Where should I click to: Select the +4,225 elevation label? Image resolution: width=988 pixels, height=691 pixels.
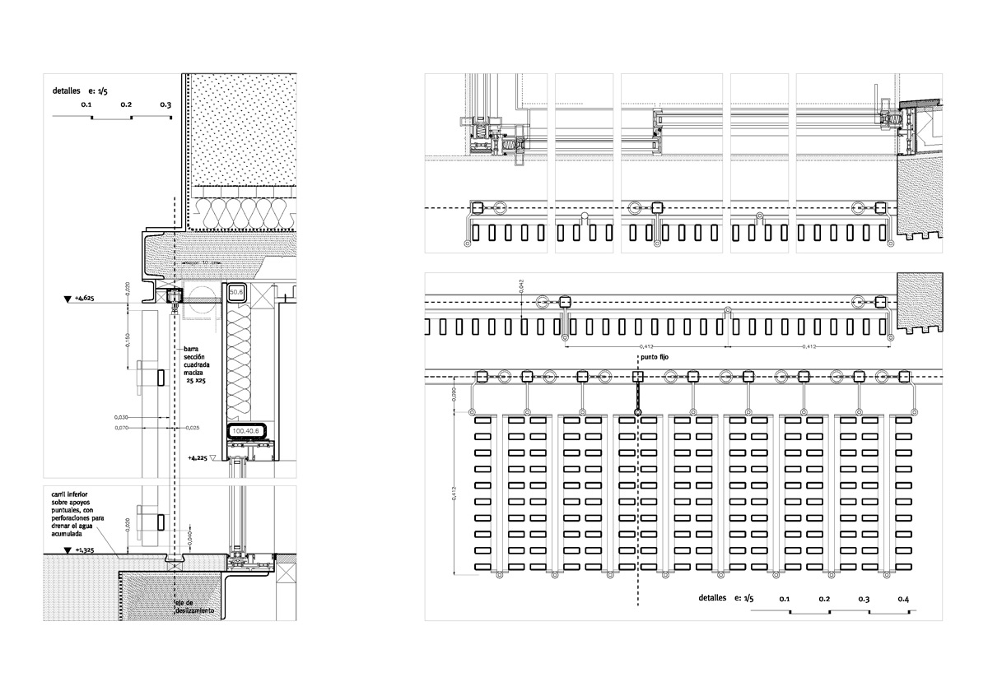(x=198, y=457)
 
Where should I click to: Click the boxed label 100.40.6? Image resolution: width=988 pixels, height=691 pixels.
(x=245, y=430)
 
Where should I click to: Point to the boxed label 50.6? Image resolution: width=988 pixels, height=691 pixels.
(x=236, y=292)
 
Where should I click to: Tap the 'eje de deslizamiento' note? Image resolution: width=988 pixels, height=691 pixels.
(x=193, y=608)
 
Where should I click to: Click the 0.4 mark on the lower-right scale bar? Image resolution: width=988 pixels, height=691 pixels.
(x=904, y=599)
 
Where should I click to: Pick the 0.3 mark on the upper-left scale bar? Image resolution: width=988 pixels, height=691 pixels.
(x=165, y=105)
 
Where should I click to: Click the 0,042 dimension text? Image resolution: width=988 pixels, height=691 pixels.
(x=522, y=285)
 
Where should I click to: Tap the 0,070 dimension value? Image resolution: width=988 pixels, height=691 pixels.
(x=122, y=428)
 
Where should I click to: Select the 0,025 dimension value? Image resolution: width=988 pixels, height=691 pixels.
(x=193, y=428)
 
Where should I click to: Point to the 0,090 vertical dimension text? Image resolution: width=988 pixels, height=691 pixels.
(x=454, y=396)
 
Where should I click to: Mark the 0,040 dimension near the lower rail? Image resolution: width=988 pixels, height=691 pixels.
(x=189, y=539)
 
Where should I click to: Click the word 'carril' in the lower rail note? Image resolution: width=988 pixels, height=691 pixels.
(x=58, y=494)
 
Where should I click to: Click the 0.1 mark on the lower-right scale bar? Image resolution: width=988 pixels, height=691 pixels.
(x=784, y=599)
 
